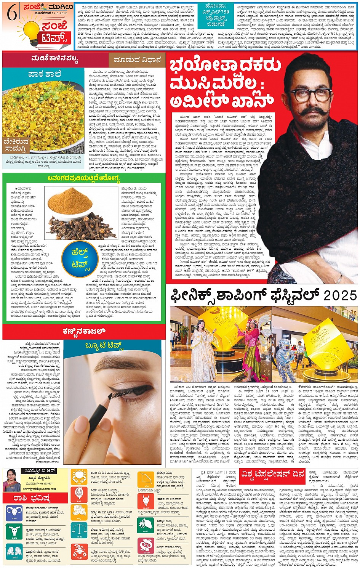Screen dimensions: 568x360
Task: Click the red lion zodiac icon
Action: click(x=79, y=495)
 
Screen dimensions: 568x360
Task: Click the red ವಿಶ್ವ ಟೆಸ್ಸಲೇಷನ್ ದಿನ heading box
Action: click(x=272, y=474)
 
